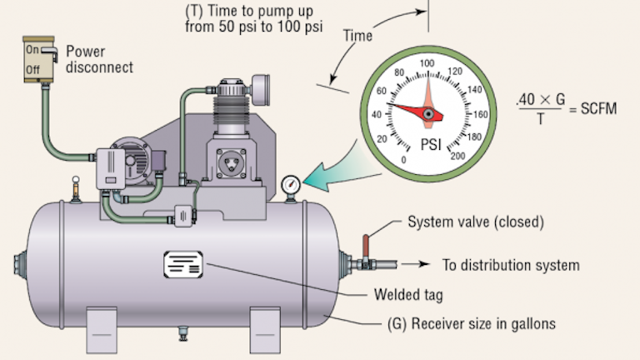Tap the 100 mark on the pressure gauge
pyautogui.click(x=427, y=63)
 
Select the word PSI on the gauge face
pyautogui.click(x=427, y=143)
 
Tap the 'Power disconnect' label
pyautogui.click(x=98, y=59)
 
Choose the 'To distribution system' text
pyautogui.click(x=510, y=266)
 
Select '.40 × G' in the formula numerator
pyautogui.click(x=541, y=99)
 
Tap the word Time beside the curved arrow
pyautogui.click(x=356, y=36)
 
